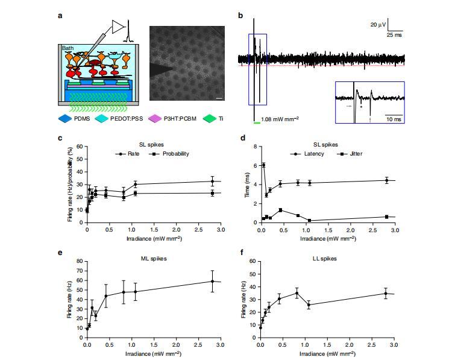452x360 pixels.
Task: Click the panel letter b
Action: [x=241, y=14]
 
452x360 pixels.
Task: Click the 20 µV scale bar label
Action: [x=377, y=25]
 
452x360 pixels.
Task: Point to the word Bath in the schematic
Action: [x=67, y=47]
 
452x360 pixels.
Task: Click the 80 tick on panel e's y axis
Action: [x=78, y=262]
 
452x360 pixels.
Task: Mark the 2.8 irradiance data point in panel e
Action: [x=212, y=281]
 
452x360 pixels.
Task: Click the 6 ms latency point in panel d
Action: [x=263, y=165]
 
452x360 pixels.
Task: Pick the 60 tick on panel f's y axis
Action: [x=252, y=262]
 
